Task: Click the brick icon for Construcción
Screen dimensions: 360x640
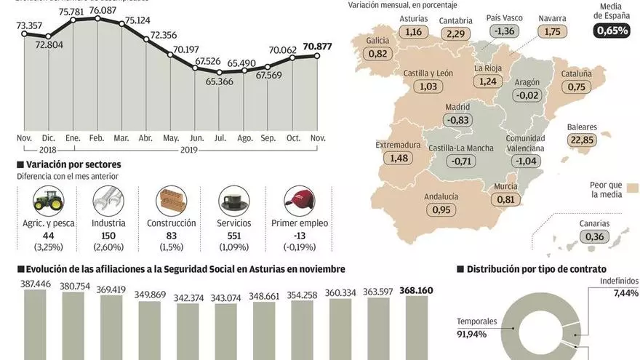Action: pyautogui.click(x=172, y=199)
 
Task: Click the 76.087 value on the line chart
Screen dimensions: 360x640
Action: pyautogui.click(x=100, y=11)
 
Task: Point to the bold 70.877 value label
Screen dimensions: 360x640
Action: pyautogui.click(x=317, y=47)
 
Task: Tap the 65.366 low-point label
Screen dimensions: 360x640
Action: pyautogui.click(x=220, y=81)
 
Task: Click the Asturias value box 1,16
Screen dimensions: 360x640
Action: pyautogui.click(x=414, y=31)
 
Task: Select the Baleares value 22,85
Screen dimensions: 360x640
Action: pyautogui.click(x=582, y=140)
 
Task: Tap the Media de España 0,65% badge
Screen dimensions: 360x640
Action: pyautogui.click(x=612, y=31)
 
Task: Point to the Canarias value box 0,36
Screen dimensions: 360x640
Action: pyautogui.click(x=594, y=236)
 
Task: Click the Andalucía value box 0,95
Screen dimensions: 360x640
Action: pyautogui.click(x=441, y=209)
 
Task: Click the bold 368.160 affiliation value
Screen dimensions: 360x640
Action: pyautogui.click(x=416, y=290)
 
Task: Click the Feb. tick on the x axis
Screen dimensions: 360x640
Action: pyautogui.click(x=97, y=137)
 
